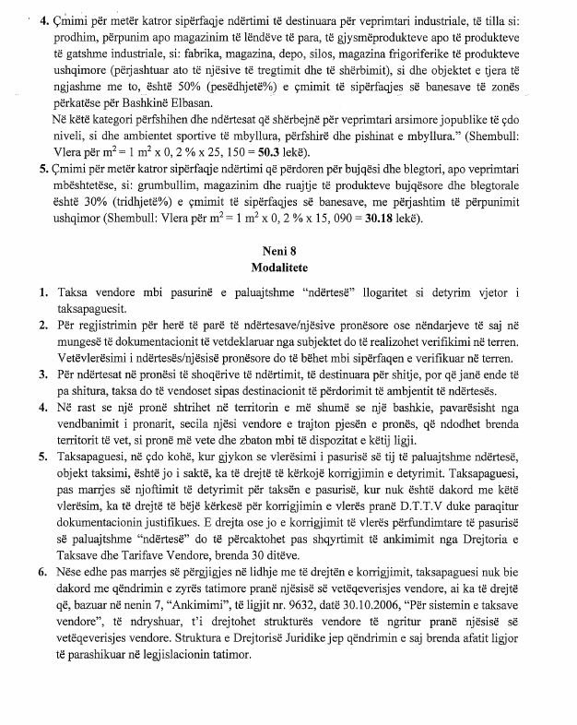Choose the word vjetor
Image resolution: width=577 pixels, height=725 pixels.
(x=521, y=293)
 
